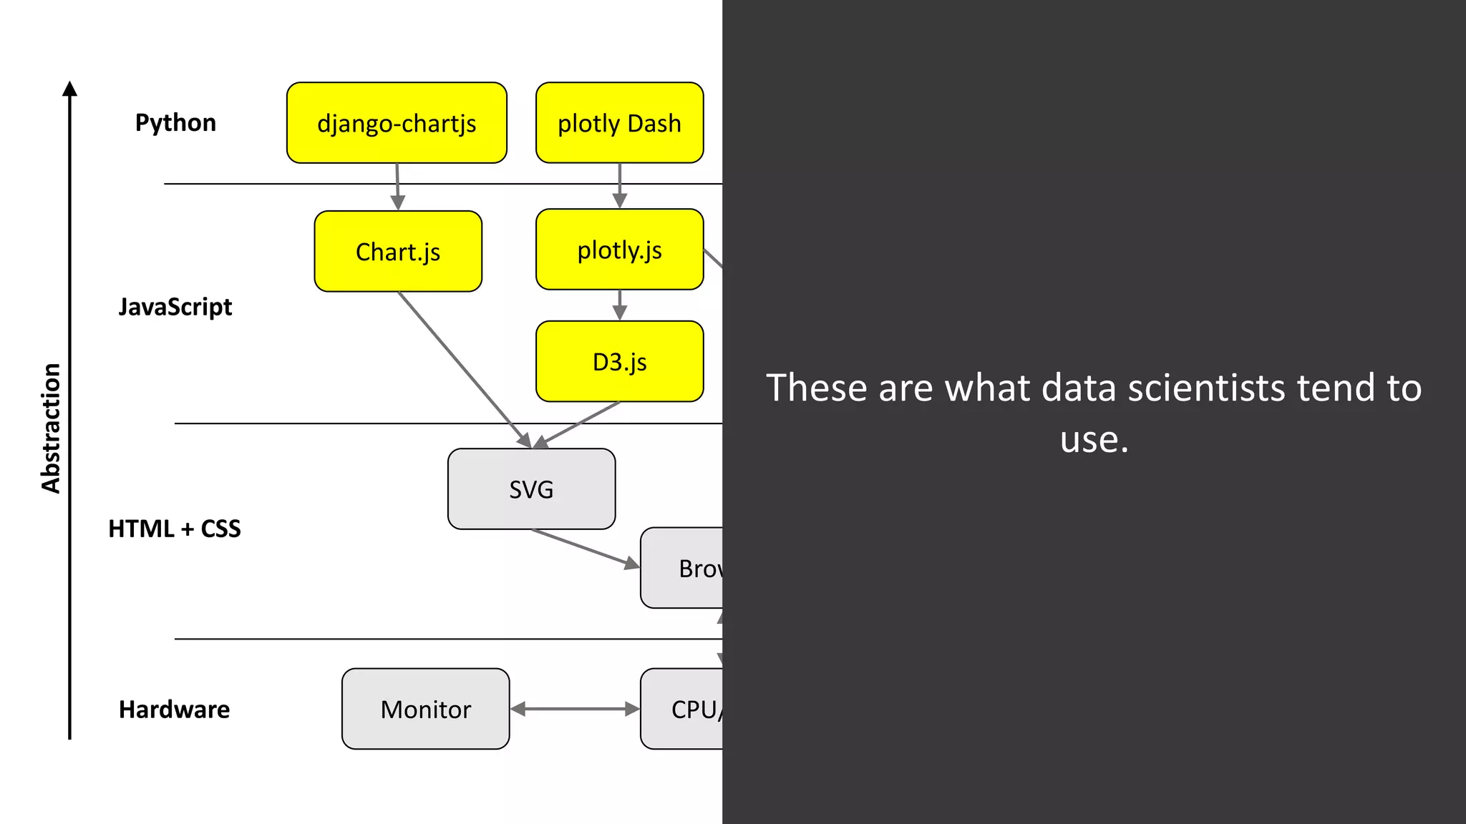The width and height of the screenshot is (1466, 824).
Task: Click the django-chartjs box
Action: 397,123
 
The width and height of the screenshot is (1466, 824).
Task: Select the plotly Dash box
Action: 619,123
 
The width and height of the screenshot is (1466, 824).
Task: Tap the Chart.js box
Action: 398,251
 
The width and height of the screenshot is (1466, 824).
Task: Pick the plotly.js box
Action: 619,250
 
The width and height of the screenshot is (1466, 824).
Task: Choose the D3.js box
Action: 619,361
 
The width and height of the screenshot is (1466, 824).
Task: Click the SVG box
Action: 531,489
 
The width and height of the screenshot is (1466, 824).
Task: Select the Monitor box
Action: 425,709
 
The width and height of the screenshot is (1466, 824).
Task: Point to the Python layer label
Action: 175,122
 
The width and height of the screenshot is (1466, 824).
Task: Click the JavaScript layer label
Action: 175,307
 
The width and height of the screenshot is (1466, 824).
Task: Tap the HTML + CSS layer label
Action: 175,529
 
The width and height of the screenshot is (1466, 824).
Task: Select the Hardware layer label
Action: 175,709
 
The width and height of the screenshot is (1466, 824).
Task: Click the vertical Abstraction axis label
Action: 51,428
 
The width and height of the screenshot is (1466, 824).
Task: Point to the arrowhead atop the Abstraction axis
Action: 69,89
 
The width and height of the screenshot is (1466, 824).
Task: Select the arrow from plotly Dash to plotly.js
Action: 620,185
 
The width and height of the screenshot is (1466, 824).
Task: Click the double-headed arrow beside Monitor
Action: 575,709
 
